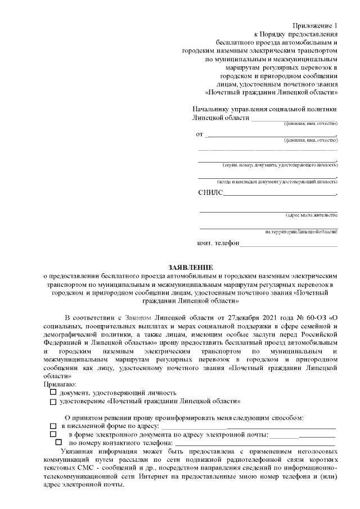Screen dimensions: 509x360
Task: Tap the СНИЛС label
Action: tap(210, 193)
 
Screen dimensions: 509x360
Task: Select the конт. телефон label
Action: tap(218, 244)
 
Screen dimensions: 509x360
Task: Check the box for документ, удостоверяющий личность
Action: tap(53, 392)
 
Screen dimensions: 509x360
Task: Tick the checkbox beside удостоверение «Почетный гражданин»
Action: tap(53, 402)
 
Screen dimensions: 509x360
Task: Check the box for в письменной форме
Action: tap(53, 427)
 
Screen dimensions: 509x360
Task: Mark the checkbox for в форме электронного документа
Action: tap(53, 435)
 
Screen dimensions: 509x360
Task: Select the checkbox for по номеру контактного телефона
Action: tap(59, 443)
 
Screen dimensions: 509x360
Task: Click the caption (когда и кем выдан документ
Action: tap(277, 182)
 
